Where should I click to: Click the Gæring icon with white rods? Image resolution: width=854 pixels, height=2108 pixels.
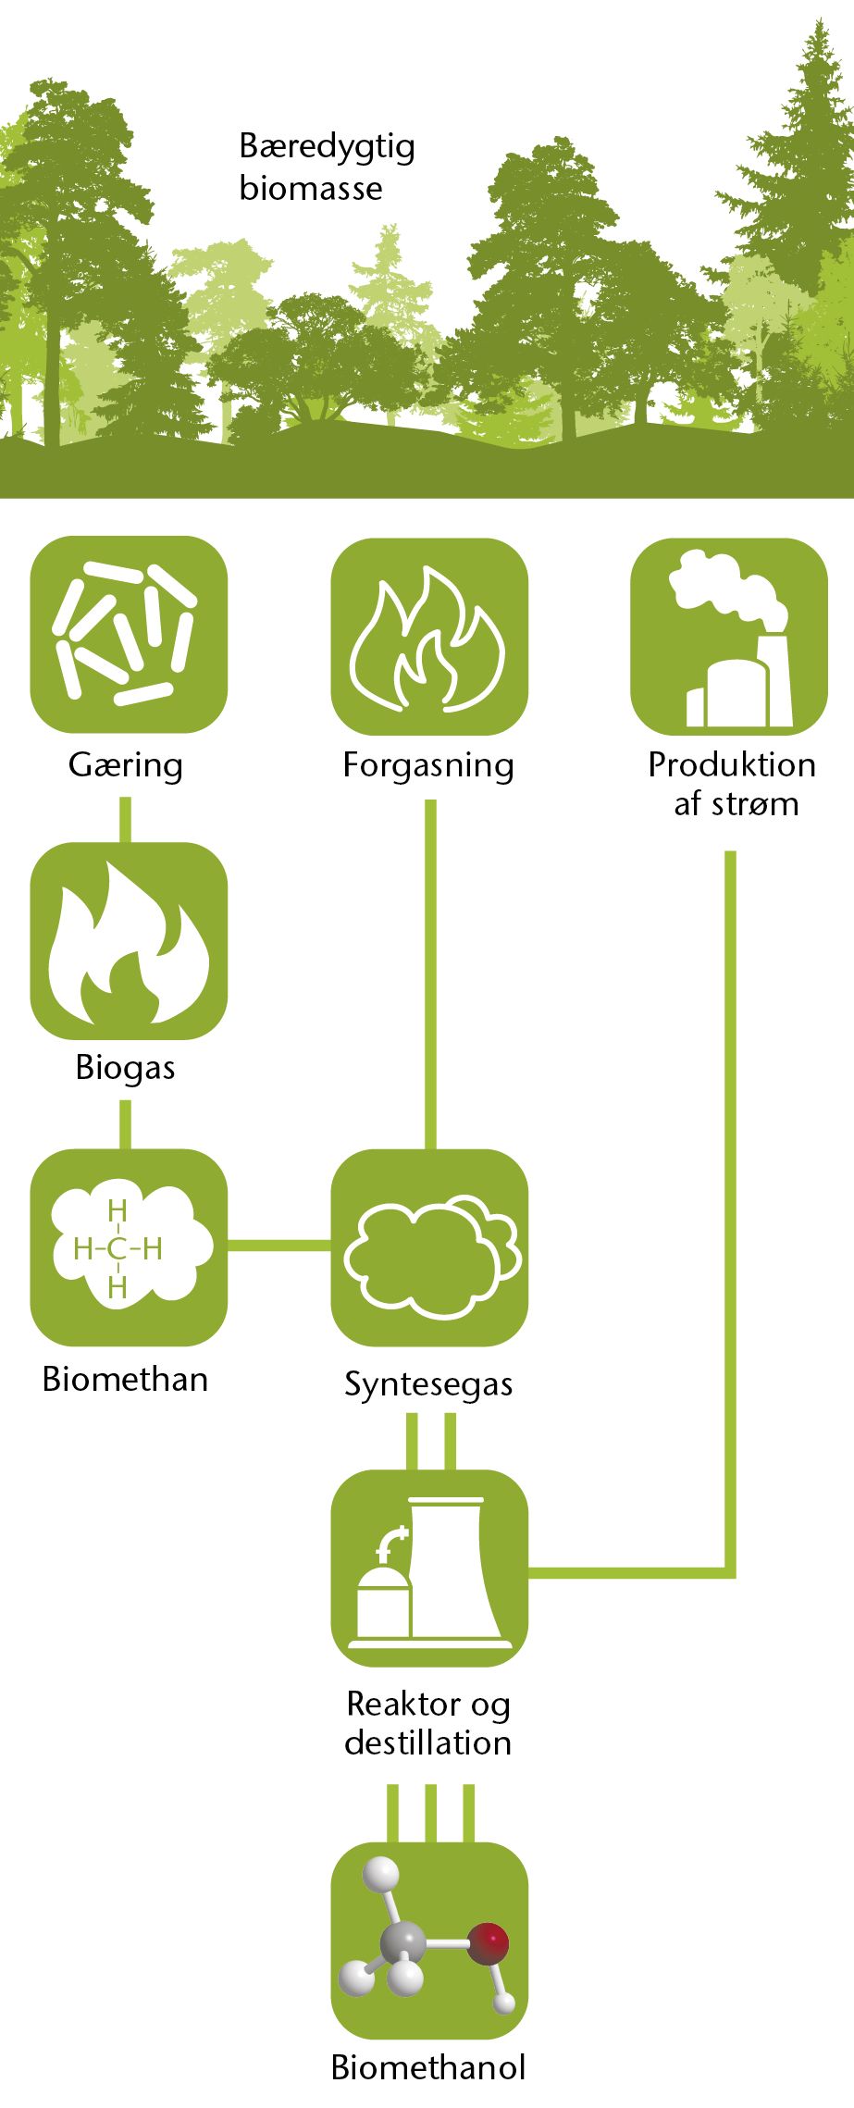(129, 634)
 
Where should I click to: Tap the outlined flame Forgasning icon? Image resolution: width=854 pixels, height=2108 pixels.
(429, 637)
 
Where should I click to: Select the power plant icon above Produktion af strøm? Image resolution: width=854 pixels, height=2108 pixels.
(729, 637)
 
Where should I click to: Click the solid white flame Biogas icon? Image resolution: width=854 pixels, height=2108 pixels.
(129, 941)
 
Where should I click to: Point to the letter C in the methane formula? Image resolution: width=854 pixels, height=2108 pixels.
(118, 1249)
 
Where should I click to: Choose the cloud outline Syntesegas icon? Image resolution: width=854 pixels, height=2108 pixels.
(429, 1247)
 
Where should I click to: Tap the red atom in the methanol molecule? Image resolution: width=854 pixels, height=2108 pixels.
(488, 1942)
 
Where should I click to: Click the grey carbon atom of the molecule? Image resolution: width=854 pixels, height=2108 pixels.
(404, 1942)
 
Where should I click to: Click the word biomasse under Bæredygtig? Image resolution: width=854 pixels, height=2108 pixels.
(311, 188)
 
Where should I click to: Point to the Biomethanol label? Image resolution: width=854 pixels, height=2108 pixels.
(428, 2066)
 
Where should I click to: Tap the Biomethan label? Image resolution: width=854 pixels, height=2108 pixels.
(126, 1379)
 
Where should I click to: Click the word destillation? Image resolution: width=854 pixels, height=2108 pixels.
(428, 1742)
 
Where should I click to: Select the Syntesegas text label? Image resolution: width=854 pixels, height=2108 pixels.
(428, 1384)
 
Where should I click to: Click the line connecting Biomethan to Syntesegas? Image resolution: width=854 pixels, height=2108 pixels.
(279, 1246)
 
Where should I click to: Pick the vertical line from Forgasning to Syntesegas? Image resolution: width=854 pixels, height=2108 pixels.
(430, 974)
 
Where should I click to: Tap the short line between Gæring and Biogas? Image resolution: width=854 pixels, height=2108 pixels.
(126, 820)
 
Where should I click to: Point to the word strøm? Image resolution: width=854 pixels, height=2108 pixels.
(755, 804)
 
